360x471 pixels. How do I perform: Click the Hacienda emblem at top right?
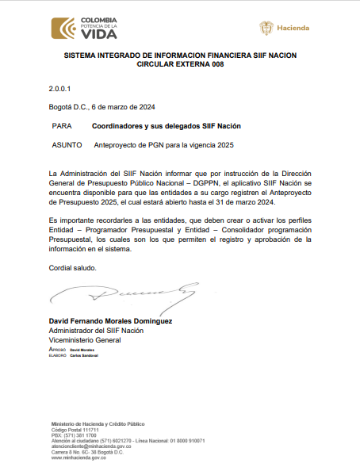(x=285, y=29)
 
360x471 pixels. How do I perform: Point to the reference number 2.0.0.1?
(x=59, y=90)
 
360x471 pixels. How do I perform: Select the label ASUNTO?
(x=65, y=145)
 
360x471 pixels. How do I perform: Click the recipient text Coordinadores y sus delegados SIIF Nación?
(x=166, y=126)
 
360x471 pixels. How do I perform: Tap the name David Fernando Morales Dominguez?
(x=111, y=321)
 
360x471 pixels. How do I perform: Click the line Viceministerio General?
(x=85, y=339)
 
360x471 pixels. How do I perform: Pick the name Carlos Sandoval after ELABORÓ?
(x=82, y=355)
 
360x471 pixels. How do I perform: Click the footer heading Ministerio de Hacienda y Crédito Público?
(x=98, y=424)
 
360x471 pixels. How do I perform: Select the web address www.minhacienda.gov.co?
(x=80, y=458)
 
